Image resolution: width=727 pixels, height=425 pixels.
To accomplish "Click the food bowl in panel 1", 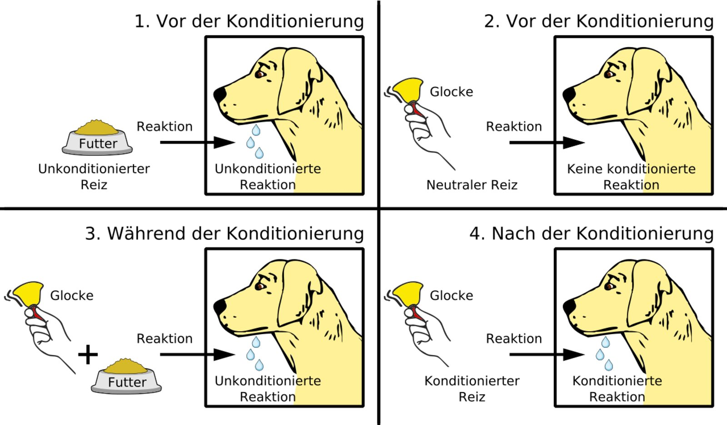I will pyautogui.click(x=97, y=139).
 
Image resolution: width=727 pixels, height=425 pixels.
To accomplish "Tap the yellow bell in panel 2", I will pyautogui.click(x=408, y=90).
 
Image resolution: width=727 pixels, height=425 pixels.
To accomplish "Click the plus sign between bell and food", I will pyautogui.click(x=88, y=355).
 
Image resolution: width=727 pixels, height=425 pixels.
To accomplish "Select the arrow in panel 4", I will pyautogui.click(x=545, y=355).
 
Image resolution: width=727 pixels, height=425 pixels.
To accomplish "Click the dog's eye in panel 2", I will pyautogui.click(x=609, y=74).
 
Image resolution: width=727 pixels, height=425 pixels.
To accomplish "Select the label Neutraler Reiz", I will pyautogui.click(x=472, y=185).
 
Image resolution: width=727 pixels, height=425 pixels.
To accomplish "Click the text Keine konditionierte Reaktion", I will pyautogui.click(x=631, y=177).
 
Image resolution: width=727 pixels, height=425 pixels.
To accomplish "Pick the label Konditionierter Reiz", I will pyautogui.click(x=472, y=389).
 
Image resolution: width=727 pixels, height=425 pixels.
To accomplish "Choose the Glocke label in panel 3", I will pyautogui.click(x=72, y=295).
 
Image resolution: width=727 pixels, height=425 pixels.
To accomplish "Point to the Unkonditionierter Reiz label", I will pyautogui.click(x=94, y=177).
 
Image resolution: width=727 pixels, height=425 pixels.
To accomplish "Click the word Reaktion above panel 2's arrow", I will pyautogui.click(x=514, y=126).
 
